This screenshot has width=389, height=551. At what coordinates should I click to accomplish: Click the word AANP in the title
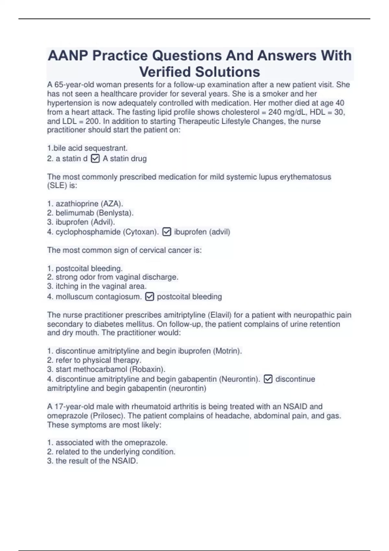point(68,56)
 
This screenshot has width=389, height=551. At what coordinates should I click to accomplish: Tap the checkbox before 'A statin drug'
point(95,158)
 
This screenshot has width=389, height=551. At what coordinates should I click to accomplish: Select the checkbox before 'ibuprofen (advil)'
point(167,232)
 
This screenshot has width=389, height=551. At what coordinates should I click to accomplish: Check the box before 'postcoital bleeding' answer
point(149,297)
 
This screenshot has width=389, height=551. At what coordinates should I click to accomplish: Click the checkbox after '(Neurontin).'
point(268,379)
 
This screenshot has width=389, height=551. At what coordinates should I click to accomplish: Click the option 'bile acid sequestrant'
point(87,148)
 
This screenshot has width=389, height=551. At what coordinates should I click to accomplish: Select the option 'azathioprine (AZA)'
point(85,204)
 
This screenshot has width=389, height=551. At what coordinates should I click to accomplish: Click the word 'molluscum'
point(73,297)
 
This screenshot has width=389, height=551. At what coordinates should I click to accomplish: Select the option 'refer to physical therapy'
point(94,360)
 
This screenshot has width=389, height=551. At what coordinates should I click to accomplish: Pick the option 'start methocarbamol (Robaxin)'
point(106,369)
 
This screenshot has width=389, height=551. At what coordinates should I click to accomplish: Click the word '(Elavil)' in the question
point(219,315)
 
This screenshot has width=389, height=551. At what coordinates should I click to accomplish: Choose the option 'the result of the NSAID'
point(92,461)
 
